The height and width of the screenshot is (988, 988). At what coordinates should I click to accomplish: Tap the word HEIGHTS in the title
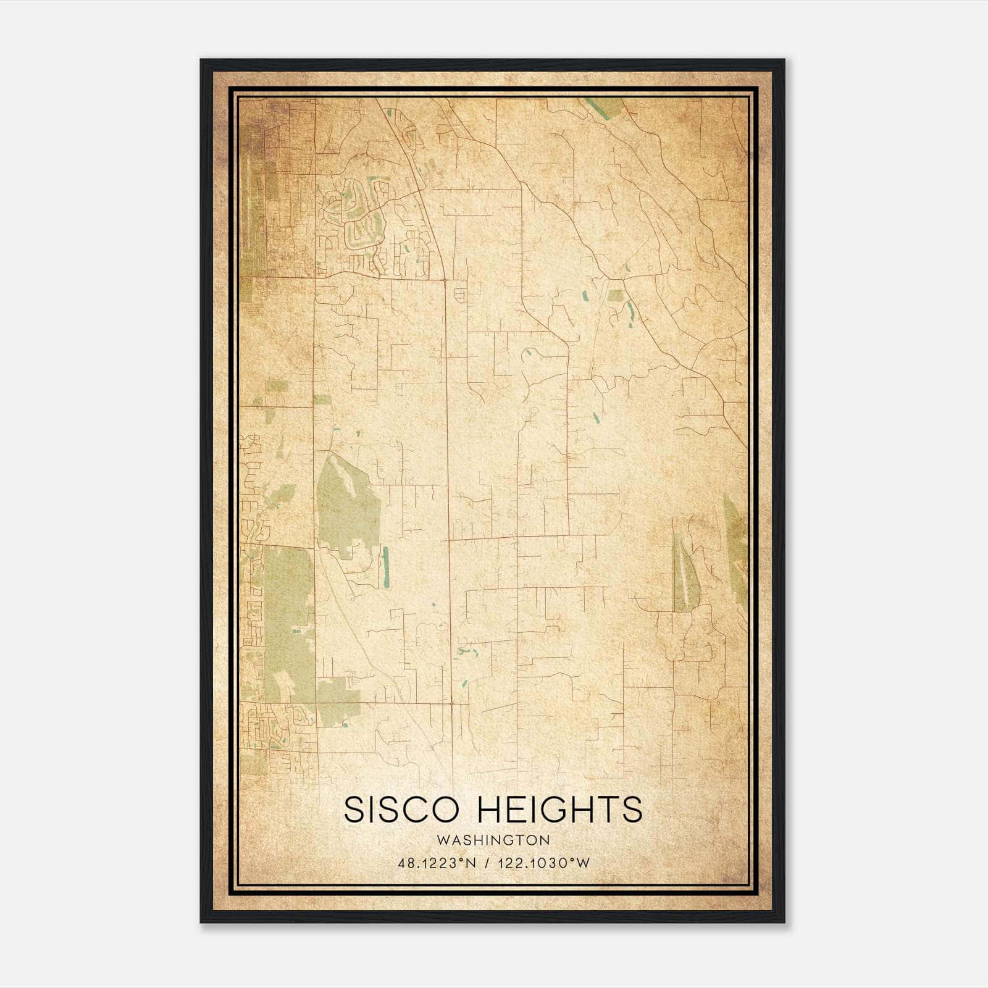coord(561,810)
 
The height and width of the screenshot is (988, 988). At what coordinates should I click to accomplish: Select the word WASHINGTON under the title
coord(493,840)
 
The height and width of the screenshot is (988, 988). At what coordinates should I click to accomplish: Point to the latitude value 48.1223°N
coord(437,863)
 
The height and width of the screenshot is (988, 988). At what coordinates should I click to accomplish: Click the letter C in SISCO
coord(423,810)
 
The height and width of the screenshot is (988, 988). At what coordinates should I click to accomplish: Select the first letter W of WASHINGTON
coord(441,840)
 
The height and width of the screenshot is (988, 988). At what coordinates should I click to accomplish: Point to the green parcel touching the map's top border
coord(605,107)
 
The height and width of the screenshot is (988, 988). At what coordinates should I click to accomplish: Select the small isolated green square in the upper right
coord(615,295)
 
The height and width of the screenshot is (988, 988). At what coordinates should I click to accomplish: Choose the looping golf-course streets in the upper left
coord(355,216)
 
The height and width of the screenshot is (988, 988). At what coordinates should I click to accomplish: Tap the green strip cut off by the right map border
coord(736,550)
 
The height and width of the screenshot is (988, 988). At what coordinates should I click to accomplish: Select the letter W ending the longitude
coord(584,863)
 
